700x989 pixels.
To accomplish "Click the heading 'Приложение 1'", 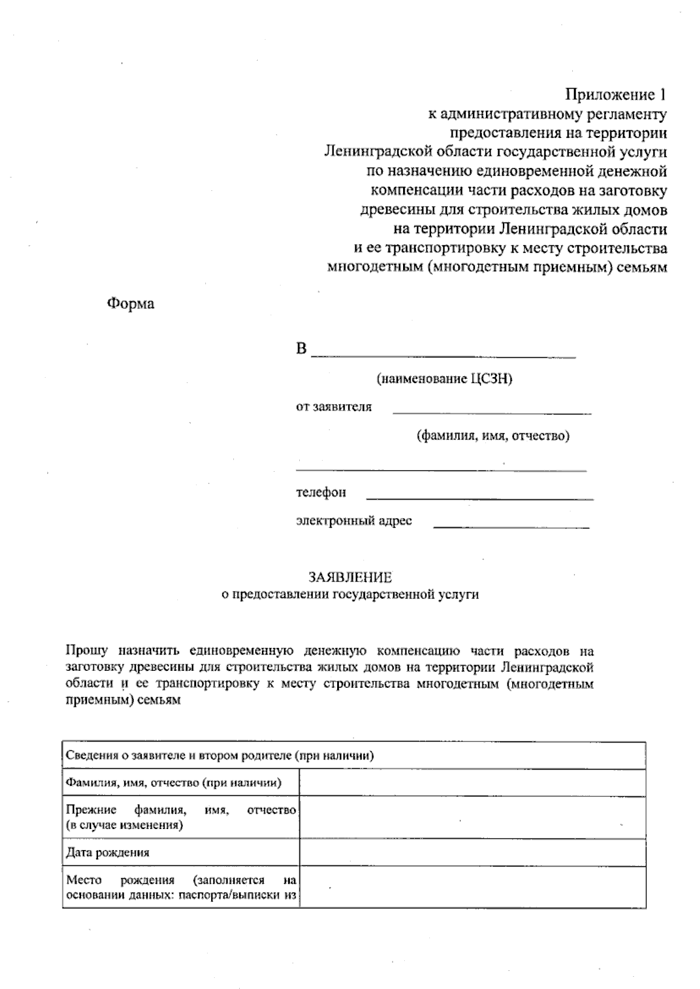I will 615,95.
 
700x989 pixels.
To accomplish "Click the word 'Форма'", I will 131,304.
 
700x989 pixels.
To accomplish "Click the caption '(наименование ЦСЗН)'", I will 444,379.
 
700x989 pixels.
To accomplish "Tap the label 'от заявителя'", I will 334,407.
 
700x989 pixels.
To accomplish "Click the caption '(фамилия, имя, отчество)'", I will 493,436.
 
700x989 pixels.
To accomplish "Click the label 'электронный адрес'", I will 354,521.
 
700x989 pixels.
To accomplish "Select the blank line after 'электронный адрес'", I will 511,527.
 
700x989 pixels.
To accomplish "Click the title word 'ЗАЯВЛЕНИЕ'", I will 350,578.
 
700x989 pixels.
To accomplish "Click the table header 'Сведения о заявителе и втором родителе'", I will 219,756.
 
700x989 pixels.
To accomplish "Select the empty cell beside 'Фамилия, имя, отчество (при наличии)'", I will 473,783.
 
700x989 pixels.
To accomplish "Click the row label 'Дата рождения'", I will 108,852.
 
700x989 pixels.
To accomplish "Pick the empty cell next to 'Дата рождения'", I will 473,852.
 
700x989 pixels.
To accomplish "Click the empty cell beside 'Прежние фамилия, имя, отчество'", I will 473,817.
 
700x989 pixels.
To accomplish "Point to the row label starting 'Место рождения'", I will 181,887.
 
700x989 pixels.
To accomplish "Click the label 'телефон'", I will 321,493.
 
